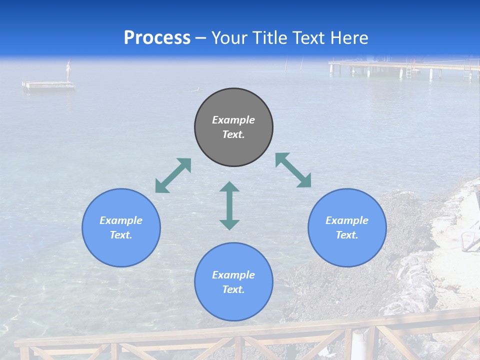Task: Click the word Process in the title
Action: click(157, 38)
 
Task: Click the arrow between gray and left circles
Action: click(173, 175)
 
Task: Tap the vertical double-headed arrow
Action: click(229, 205)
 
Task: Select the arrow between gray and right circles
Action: click(293, 170)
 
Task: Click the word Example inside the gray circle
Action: click(233, 120)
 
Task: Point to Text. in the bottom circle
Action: click(233, 289)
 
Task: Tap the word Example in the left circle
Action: click(121, 220)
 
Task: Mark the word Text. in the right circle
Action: click(347, 235)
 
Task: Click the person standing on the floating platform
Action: click(69, 70)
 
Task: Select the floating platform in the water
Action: click(48, 85)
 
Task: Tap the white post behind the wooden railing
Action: click(359, 344)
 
